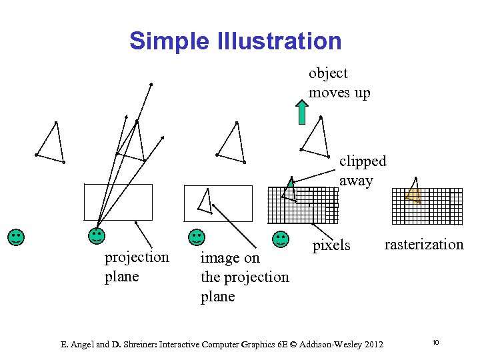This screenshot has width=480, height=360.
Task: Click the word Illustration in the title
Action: pyautogui.click(x=279, y=41)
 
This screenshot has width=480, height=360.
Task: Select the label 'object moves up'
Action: pyautogui.click(x=339, y=83)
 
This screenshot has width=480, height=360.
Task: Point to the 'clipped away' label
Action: pyautogui.click(x=363, y=171)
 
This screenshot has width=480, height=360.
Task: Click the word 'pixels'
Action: pyautogui.click(x=331, y=245)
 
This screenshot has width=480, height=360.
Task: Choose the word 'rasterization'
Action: pyautogui.click(x=424, y=244)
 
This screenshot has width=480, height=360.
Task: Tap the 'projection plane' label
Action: pyautogui.click(x=137, y=267)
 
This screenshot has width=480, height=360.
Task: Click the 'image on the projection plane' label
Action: pyautogui.click(x=245, y=277)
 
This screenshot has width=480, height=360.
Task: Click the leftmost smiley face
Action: pyautogui.click(x=16, y=237)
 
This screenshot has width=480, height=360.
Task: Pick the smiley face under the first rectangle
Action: pyautogui.click(x=97, y=235)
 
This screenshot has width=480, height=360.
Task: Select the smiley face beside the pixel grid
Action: pyautogui.click(x=281, y=239)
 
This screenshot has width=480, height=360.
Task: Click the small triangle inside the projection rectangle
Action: pyautogui.click(x=206, y=201)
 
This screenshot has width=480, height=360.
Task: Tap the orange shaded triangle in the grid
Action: pyautogui.click(x=414, y=196)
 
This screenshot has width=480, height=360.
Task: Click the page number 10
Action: pyautogui.click(x=435, y=343)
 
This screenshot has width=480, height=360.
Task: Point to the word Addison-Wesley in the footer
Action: pyautogui.click(x=328, y=344)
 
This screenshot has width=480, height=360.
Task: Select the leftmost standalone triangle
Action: pyautogui.click(x=51, y=143)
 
